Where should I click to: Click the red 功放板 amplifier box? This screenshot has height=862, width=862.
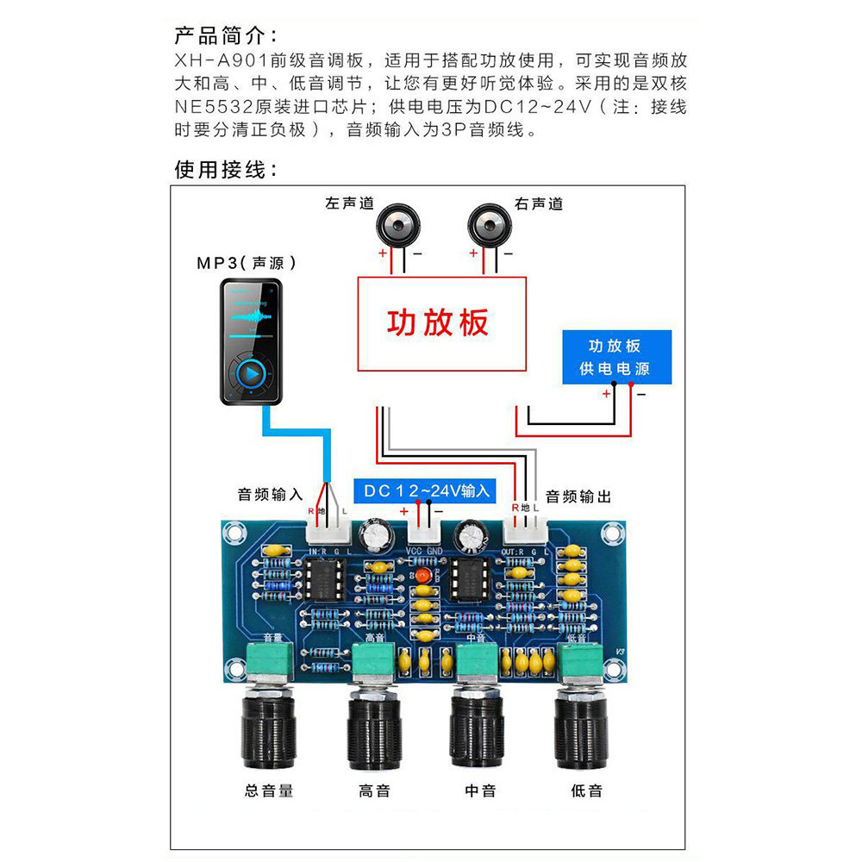point(442,323)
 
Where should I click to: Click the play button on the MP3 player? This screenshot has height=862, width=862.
point(251,375)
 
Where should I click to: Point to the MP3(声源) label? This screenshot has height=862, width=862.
point(247,263)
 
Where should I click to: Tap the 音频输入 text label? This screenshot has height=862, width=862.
point(270,495)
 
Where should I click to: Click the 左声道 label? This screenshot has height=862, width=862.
point(350,204)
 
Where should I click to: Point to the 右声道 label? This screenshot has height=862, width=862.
point(539,204)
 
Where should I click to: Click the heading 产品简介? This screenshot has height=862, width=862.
point(226,36)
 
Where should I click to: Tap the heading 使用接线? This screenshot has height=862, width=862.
point(226,169)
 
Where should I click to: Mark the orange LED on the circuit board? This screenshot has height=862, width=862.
point(423,572)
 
